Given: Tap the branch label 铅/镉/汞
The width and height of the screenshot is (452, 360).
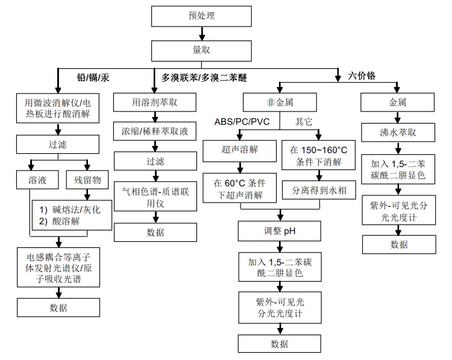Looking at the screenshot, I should click(x=93, y=78).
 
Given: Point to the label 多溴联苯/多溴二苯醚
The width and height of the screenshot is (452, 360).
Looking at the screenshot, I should click(x=204, y=78).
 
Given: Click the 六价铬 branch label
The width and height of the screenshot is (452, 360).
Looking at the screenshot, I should click(x=362, y=76).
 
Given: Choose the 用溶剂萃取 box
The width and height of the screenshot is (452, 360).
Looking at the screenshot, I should click(x=155, y=103).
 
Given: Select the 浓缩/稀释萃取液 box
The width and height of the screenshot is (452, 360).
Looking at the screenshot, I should click(x=155, y=131).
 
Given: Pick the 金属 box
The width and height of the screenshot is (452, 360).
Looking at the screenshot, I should click(x=398, y=103).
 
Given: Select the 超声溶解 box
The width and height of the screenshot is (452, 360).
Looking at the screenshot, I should click(x=239, y=150).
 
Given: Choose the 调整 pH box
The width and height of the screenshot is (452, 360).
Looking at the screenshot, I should click(x=278, y=230).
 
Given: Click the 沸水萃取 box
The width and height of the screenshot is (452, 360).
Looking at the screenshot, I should click(x=398, y=132).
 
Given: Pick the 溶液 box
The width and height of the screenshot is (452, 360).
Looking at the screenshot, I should click(x=37, y=180).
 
